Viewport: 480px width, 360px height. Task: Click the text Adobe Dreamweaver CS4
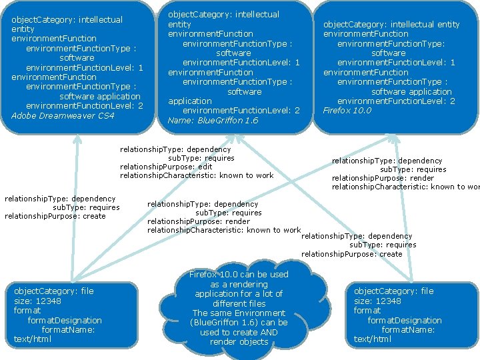(x=63, y=116)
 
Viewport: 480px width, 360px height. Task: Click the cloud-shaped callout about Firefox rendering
(x=239, y=309)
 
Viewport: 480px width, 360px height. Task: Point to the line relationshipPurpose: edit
(x=166, y=167)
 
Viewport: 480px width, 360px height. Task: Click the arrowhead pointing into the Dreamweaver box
(x=77, y=138)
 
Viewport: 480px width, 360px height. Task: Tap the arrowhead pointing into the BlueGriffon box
(x=239, y=138)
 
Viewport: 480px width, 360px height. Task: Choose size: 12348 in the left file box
(x=37, y=301)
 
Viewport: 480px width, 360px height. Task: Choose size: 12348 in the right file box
(x=377, y=301)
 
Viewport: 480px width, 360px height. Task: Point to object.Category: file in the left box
(x=54, y=291)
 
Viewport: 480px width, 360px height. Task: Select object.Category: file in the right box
(x=394, y=291)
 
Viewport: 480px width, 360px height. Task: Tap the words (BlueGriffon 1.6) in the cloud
(x=239, y=323)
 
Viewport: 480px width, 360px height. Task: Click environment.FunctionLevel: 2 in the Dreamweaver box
(x=84, y=106)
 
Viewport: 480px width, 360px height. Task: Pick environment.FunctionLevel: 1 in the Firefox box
(x=396, y=63)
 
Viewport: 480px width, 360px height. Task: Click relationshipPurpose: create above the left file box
(x=55, y=216)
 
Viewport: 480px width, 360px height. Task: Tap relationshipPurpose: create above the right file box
(x=352, y=254)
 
